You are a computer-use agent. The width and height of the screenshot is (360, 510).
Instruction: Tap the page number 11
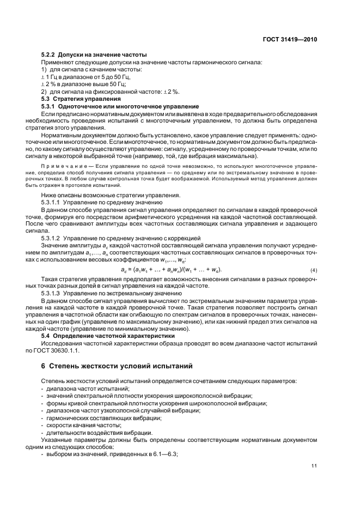[314, 464]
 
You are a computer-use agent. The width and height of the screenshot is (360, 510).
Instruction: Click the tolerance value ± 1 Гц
[50, 77]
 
